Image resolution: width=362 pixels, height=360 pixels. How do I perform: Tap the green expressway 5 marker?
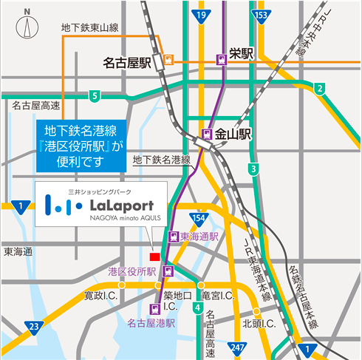click(94, 95)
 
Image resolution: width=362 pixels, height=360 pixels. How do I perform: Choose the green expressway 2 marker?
click(320, 89)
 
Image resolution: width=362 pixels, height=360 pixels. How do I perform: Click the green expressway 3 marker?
click(253, 170)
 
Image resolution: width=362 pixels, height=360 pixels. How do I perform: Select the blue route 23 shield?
click(32, 325)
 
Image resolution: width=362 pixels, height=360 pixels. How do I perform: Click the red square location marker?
click(154, 256)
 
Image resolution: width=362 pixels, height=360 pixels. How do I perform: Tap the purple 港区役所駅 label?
click(132, 272)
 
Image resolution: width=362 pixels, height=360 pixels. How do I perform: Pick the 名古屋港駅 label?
click(150, 323)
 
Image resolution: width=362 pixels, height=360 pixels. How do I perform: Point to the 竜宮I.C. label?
click(218, 296)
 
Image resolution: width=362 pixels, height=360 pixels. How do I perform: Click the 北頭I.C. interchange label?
click(259, 323)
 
